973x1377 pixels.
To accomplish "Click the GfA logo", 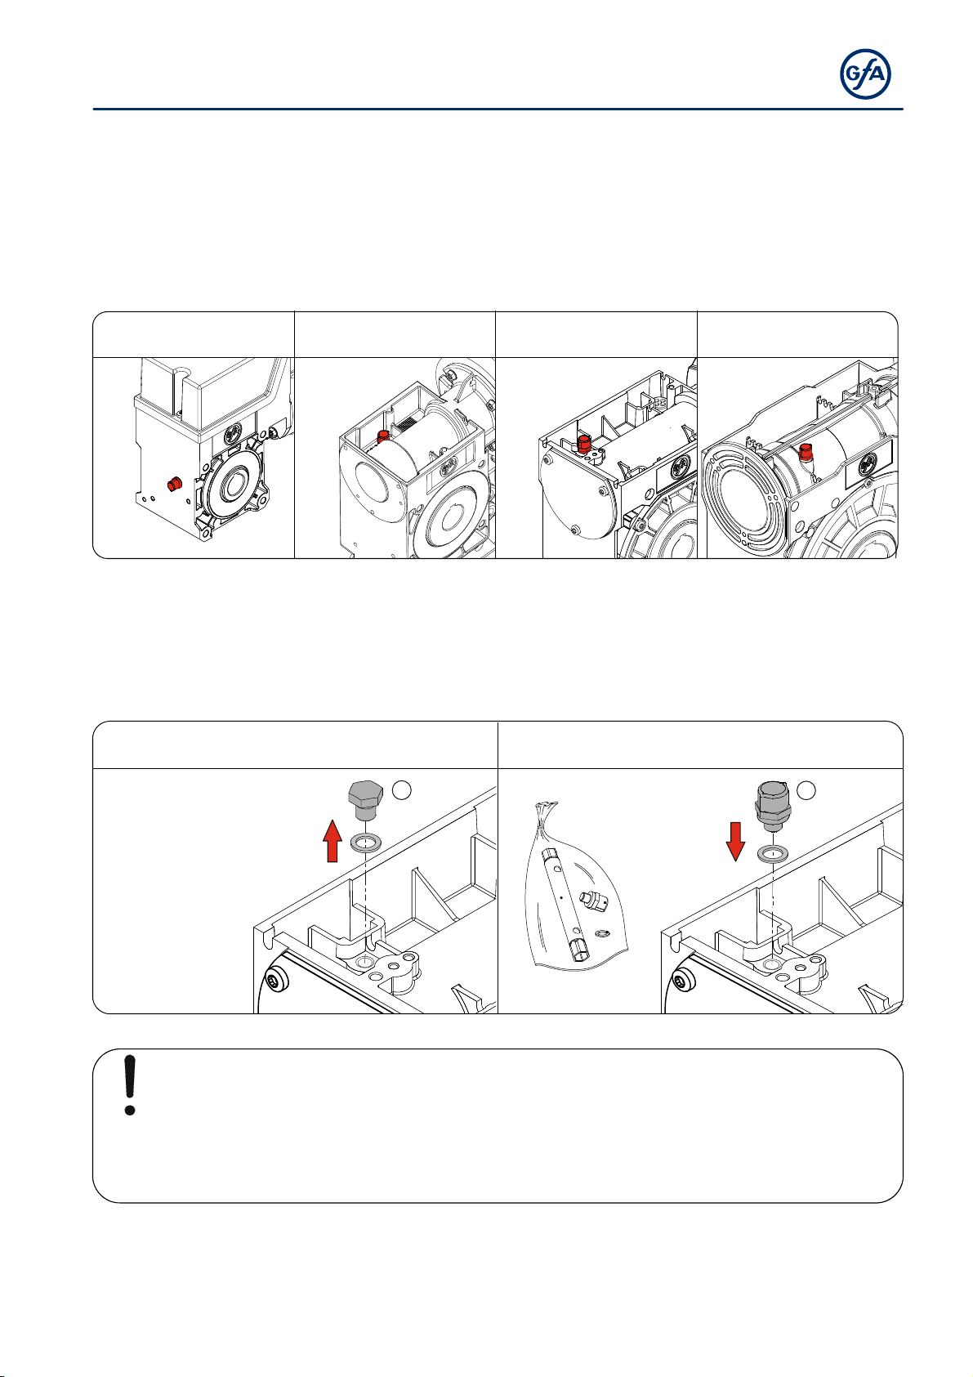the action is (x=865, y=74).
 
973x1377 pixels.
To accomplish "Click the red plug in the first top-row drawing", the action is (x=174, y=484).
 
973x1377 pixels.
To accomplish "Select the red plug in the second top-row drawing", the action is (x=382, y=436).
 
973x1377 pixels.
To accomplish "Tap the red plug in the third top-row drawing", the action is (x=582, y=445).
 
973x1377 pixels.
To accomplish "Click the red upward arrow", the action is (x=333, y=841).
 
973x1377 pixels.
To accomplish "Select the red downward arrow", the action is (x=735, y=842).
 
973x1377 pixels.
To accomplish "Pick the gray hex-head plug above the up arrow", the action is (x=366, y=800).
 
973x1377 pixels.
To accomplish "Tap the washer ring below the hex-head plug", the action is (x=365, y=842).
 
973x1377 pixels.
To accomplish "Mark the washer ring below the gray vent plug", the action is (x=772, y=854).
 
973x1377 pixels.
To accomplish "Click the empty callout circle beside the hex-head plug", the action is (x=401, y=790).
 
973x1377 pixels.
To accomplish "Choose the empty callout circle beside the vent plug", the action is (x=806, y=790).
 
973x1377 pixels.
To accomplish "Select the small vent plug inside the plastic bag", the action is (x=594, y=901).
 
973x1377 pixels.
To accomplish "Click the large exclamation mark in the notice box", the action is (x=130, y=1085).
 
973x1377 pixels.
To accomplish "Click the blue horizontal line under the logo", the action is (x=498, y=110).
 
